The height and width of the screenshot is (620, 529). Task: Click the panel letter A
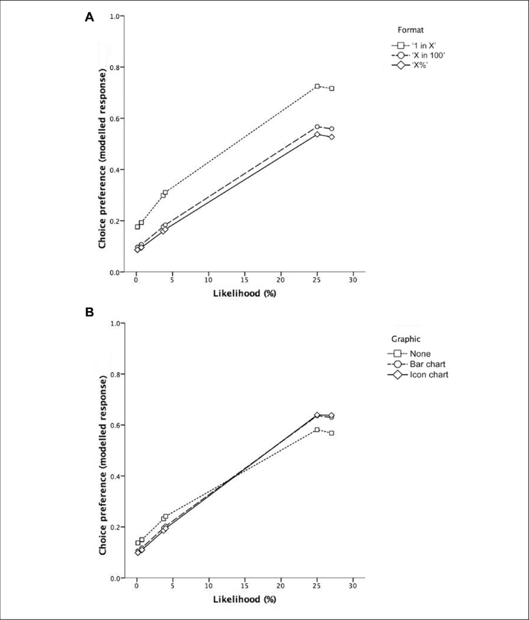(x=89, y=17)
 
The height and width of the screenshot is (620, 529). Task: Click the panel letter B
(x=89, y=312)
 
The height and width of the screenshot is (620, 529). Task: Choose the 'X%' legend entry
(x=410, y=65)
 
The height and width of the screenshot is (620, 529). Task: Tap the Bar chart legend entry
(x=417, y=364)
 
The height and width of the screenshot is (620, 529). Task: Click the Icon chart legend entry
(x=418, y=374)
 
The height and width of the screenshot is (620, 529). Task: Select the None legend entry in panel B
(x=410, y=354)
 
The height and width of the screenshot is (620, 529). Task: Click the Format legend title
(x=411, y=30)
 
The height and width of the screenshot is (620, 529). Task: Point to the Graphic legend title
(x=406, y=339)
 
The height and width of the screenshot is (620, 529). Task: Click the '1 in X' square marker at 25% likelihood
(x=317, y=86)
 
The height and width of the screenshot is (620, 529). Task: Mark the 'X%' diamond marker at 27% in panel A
(x=332, y=137)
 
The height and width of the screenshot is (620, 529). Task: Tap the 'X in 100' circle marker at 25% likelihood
(x=317, y=127)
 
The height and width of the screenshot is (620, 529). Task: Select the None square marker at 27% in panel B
(x=332, y=433)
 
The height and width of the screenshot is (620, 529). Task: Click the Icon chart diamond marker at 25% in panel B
(x=317, y=415)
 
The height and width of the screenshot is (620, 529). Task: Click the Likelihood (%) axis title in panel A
(x=245, y=293)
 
